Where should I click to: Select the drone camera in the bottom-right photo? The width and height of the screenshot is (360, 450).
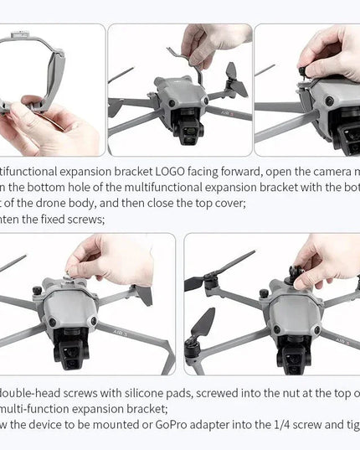pyautogui.click(x=294, y=348)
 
